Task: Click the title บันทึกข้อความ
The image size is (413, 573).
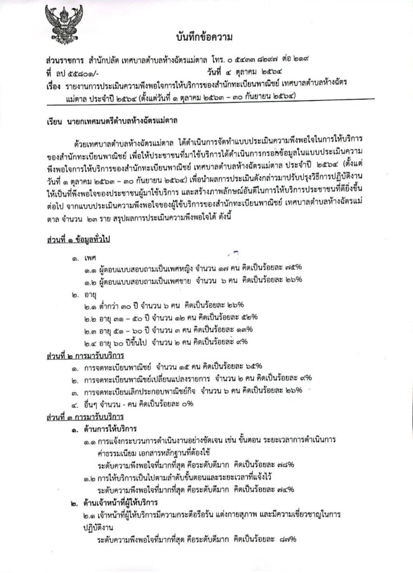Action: [x=203, y=37]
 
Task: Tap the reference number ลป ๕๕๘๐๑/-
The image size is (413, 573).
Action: [x=73, y=71]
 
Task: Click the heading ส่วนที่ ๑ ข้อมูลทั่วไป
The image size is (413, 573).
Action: [x=81, y=241]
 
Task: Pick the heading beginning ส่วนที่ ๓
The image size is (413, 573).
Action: [x=85, y=417]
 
